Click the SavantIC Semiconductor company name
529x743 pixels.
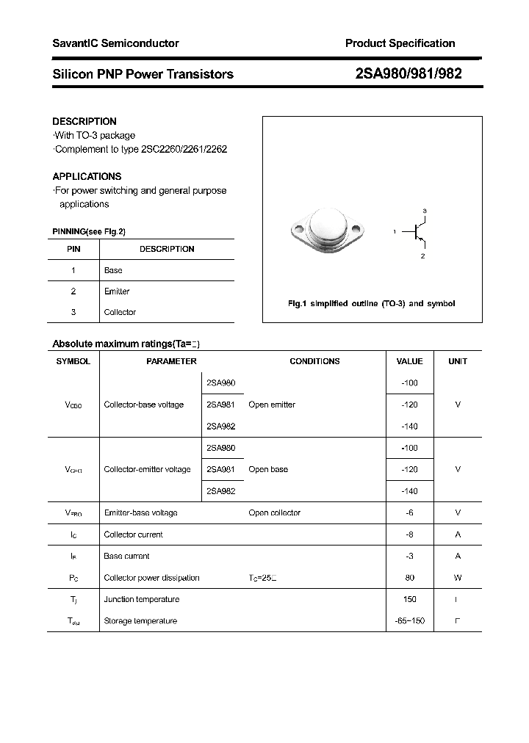tap(115, 43)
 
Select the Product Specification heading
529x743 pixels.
tap(400, 43)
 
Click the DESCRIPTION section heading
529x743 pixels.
tap(84, 121)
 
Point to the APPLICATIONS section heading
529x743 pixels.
tap(87, 176)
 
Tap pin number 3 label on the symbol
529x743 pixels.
tap(424, 211)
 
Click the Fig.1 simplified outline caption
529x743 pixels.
tap(371, 303)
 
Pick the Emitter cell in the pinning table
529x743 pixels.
tap(117, 291)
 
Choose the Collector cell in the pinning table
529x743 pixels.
tap(120, 312)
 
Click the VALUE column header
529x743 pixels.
tap(409, 361)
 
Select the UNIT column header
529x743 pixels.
tap(458, 361)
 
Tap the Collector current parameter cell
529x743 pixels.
tap(134, 534)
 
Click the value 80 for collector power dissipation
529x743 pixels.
tap(409, 578)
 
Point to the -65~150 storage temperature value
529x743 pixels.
tap(409, 621)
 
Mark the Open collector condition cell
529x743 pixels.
tap(274, 512)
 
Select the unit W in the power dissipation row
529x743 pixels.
tap(458, 578)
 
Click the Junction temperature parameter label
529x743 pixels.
tap(141, 599)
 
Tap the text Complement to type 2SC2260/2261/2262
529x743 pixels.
tap(140, 149)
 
